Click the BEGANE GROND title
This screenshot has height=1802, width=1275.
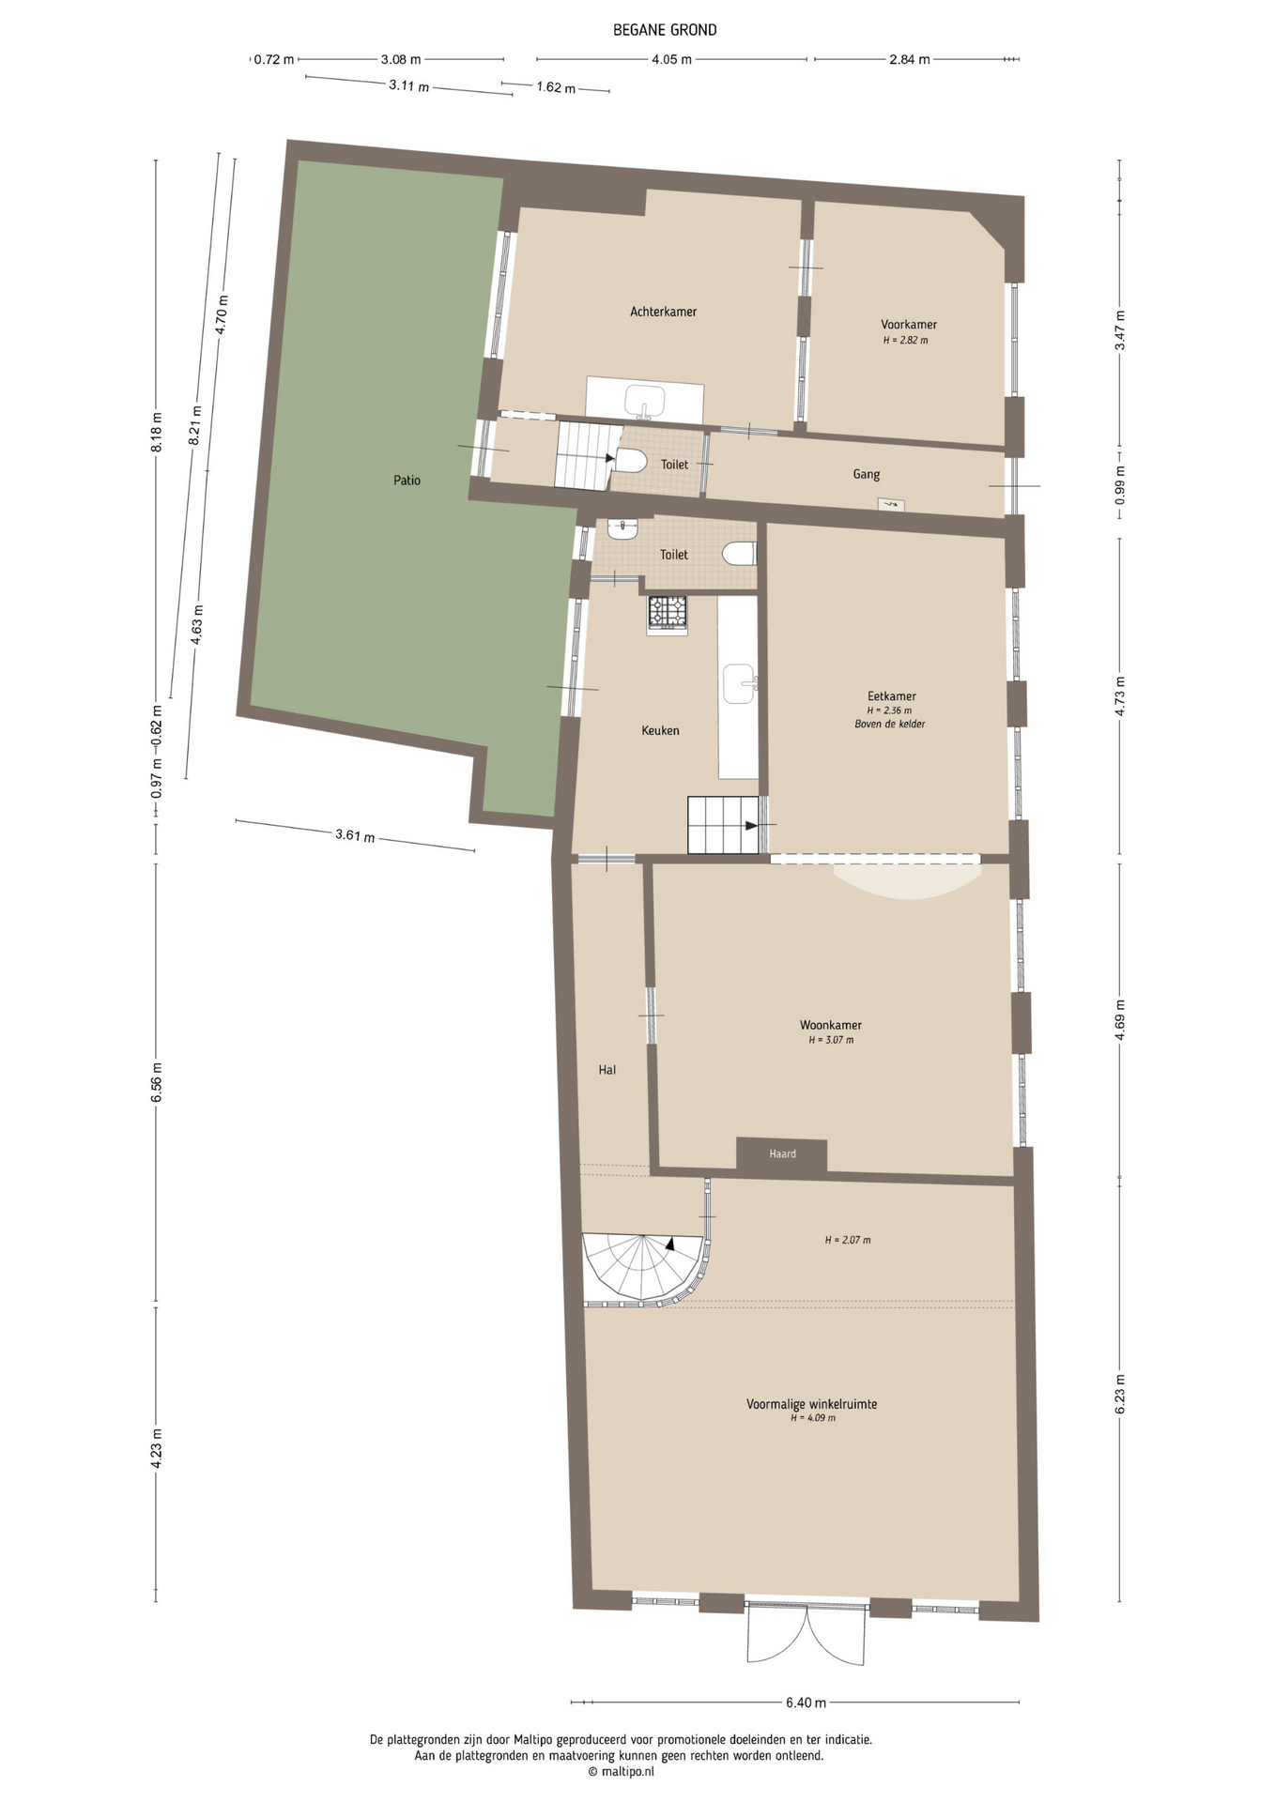point(665,30)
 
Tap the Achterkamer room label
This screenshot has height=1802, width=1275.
point(663,312)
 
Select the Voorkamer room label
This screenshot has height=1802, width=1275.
point(908,325)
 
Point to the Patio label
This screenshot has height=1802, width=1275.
point(407,481)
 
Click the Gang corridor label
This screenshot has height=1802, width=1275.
point(866,475)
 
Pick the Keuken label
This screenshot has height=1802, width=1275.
point(660,730)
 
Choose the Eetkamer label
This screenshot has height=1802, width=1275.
point(891,696)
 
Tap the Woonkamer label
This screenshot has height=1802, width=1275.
point(830,1026)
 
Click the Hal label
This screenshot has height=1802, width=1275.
point(607,1070)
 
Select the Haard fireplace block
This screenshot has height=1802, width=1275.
point(781,1154)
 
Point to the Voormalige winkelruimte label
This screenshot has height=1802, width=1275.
point(811,1405)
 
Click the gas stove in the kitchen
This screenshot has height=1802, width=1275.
point(667,614)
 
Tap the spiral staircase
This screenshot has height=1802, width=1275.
point(644,1267)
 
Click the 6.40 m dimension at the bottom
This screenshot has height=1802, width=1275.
point(806,1703)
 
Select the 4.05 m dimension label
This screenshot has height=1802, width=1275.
point(671,60)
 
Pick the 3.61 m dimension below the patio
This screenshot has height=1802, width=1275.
point(355,835)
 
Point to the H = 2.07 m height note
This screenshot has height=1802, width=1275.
point(848,1240)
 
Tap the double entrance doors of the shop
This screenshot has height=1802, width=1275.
point(806,1634)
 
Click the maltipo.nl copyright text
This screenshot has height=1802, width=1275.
point(621,1772)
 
